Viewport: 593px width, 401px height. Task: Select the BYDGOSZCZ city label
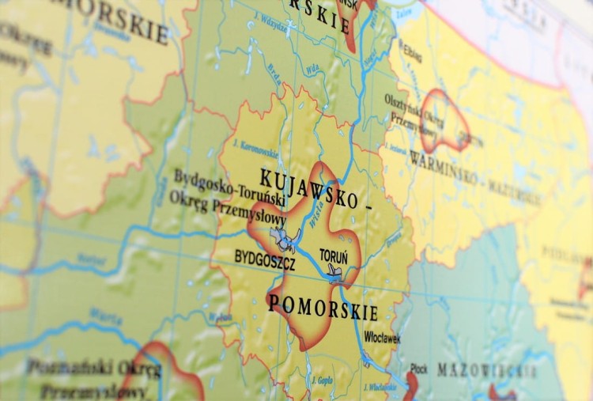click(265, 259)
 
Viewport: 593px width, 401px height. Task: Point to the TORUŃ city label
click(333, 255)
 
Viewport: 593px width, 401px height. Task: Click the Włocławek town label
click(382, 337)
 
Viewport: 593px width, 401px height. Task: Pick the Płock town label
click(419, 369)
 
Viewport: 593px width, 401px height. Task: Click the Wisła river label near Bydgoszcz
click(317, 218)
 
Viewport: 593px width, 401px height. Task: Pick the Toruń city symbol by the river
click(335, 272)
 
